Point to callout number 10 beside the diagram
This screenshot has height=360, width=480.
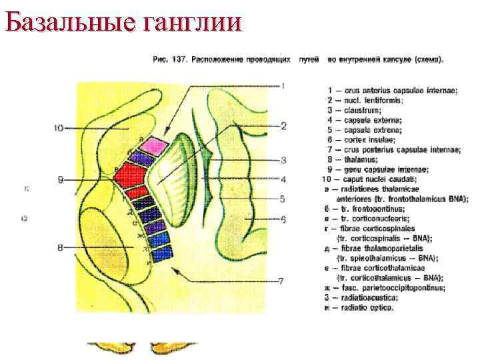pyautogui.click(x=57, y=127)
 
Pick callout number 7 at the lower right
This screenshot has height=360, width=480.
pyautogui.click(x=281, y=281)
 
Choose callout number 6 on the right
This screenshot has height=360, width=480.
pyautogui.click(x=283, y=219)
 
